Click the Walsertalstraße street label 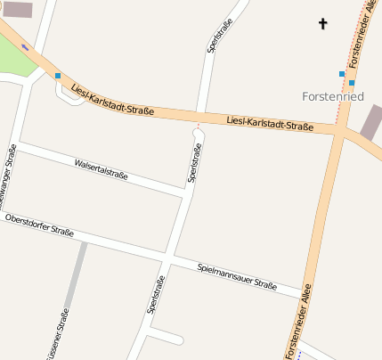[101, 169]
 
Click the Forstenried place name [333, 95]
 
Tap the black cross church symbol [322, 23]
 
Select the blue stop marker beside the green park [58, 76]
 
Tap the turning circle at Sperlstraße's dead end [198, 134]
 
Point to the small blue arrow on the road [25, 46]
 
